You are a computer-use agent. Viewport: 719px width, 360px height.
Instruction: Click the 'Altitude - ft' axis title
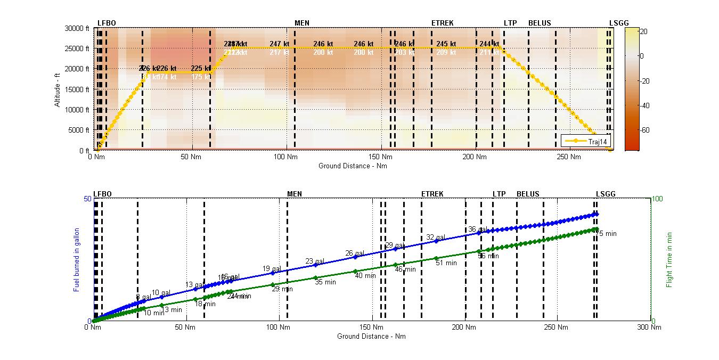(x=57, y=88)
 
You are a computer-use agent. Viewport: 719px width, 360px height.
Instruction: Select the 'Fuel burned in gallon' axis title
(x=77, y=259)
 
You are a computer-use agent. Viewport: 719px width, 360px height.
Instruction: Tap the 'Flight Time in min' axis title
(x=669, y=259)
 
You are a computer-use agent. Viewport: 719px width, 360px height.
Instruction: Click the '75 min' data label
(x=606, y=234)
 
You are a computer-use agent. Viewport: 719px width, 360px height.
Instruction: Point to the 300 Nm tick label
(x=651, y=328)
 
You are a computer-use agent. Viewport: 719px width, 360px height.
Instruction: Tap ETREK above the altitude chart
(x=442, y=23)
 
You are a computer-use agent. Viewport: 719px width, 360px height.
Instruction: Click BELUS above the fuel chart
(x=528, y=194)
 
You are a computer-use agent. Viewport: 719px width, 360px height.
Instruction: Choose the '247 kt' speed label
(x=280, y=44)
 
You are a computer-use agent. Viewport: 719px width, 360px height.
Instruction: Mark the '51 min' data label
(x=446, y=263)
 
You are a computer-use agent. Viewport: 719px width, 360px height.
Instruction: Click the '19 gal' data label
(x=272, y=269)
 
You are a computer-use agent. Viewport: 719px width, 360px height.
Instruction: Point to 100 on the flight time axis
(x=658, y=199)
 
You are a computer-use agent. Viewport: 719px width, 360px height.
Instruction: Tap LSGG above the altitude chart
(x=619, y=23)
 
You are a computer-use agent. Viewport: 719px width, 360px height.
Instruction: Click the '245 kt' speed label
(x=446, y=44)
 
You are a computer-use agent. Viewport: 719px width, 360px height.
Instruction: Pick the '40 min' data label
(x=365, y=276)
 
